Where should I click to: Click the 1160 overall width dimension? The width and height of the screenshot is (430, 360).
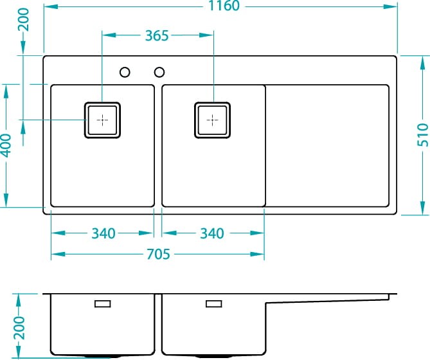[224, 6]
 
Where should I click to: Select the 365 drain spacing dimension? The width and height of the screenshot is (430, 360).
[157, 35]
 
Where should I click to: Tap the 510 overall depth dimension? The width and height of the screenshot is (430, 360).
[422, 134]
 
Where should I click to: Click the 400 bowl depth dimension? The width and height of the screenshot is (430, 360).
[6, 145]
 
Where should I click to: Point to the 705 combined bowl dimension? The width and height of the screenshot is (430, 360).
[158, 254]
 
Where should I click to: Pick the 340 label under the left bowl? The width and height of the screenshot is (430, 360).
[103, 233]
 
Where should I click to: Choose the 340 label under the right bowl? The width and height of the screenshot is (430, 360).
[212, 233]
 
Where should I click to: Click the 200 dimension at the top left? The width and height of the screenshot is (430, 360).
[23, 19]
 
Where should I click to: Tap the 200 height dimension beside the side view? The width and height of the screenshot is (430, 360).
[19, 328]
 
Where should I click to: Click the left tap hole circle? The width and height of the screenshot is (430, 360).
[125, 72]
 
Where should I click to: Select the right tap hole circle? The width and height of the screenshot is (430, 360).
[159, 72]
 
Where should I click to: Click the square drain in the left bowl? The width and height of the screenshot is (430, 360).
[102, 120]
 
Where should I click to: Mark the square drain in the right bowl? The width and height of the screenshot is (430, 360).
[212, 120]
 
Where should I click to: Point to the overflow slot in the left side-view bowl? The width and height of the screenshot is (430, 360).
[103, 304]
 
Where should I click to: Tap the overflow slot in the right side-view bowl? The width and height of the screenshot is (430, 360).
[214, 304]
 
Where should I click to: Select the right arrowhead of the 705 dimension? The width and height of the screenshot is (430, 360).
[257, 254]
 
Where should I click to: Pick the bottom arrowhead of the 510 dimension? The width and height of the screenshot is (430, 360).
[422, 208]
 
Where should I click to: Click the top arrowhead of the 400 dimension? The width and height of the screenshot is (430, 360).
[6, 91]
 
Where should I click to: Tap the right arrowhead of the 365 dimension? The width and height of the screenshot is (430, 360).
[206, 35]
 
